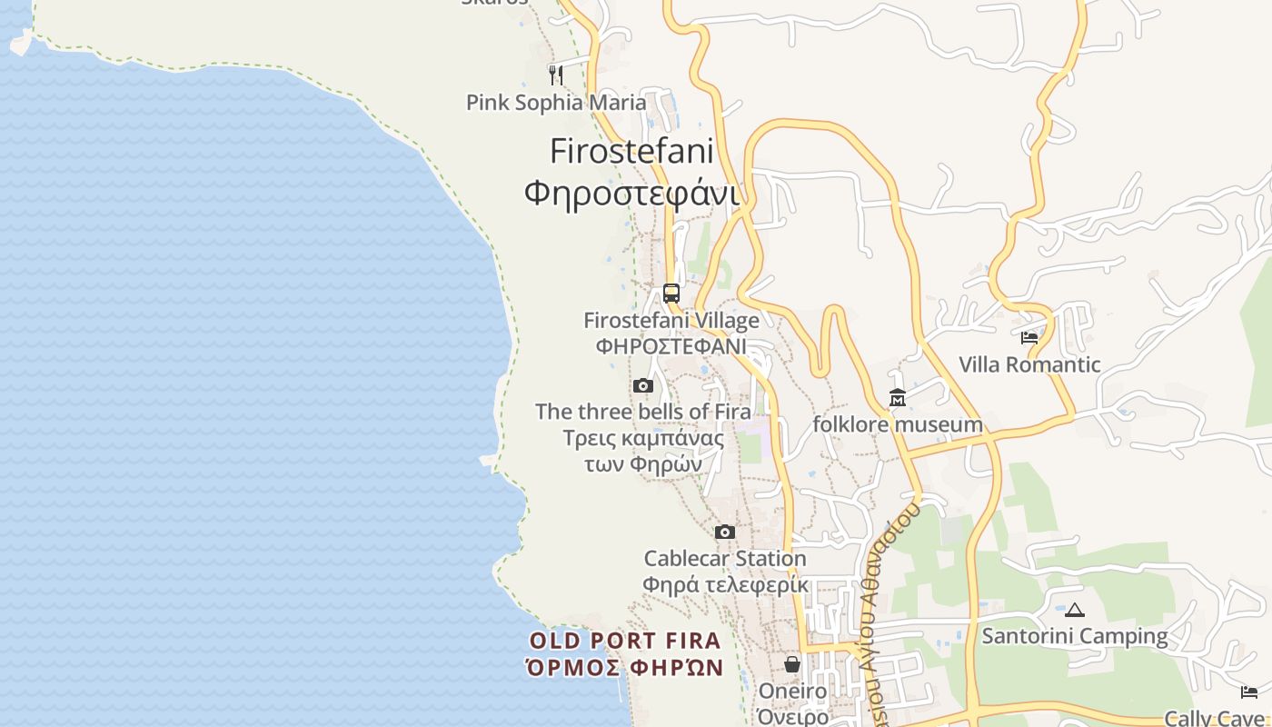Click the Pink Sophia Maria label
556,102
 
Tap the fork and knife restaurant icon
556,74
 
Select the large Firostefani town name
632,151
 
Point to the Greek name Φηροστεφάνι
632,193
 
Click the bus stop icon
671,294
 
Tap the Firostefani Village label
671,321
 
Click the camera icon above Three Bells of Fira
643,386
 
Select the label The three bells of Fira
643,412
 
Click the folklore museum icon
898,398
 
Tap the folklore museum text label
898,424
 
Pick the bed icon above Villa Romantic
1029,338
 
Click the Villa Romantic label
1029,365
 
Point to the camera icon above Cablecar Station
725,533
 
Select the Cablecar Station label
725,558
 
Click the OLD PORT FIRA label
625,641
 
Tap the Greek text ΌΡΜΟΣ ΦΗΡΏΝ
625,668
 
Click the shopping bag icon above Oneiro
792,664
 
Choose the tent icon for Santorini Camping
1075,610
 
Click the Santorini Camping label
1075,636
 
